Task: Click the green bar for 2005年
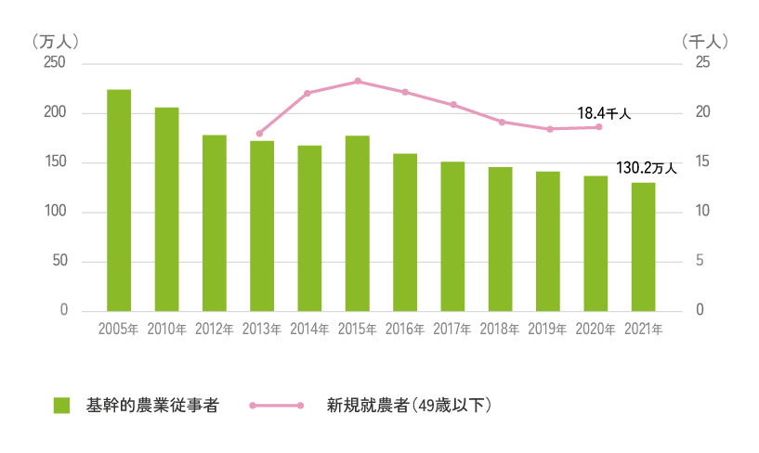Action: click(x=119, y=200)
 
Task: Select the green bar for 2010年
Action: click(x=166, y=209)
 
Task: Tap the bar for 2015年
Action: click(x=358, y=223)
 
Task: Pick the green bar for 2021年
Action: click(x=644, y=246)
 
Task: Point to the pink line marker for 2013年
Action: click(x=259, y=134)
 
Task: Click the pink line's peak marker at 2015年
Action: click(x=358, y=82)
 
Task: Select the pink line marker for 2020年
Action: click(x=599, y=127)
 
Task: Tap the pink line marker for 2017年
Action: click(x=453, y=105)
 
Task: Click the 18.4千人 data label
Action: click(x=604, y=113)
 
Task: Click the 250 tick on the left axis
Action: click(x=56, y=63)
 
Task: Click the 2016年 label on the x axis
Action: click(x=405, y=329)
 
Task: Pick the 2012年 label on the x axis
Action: click(x=214, y=329)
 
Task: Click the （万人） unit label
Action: click(x=55, y=42)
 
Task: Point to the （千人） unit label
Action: click(x=704, y=42)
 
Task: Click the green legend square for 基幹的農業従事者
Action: click(x=62, y=406)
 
